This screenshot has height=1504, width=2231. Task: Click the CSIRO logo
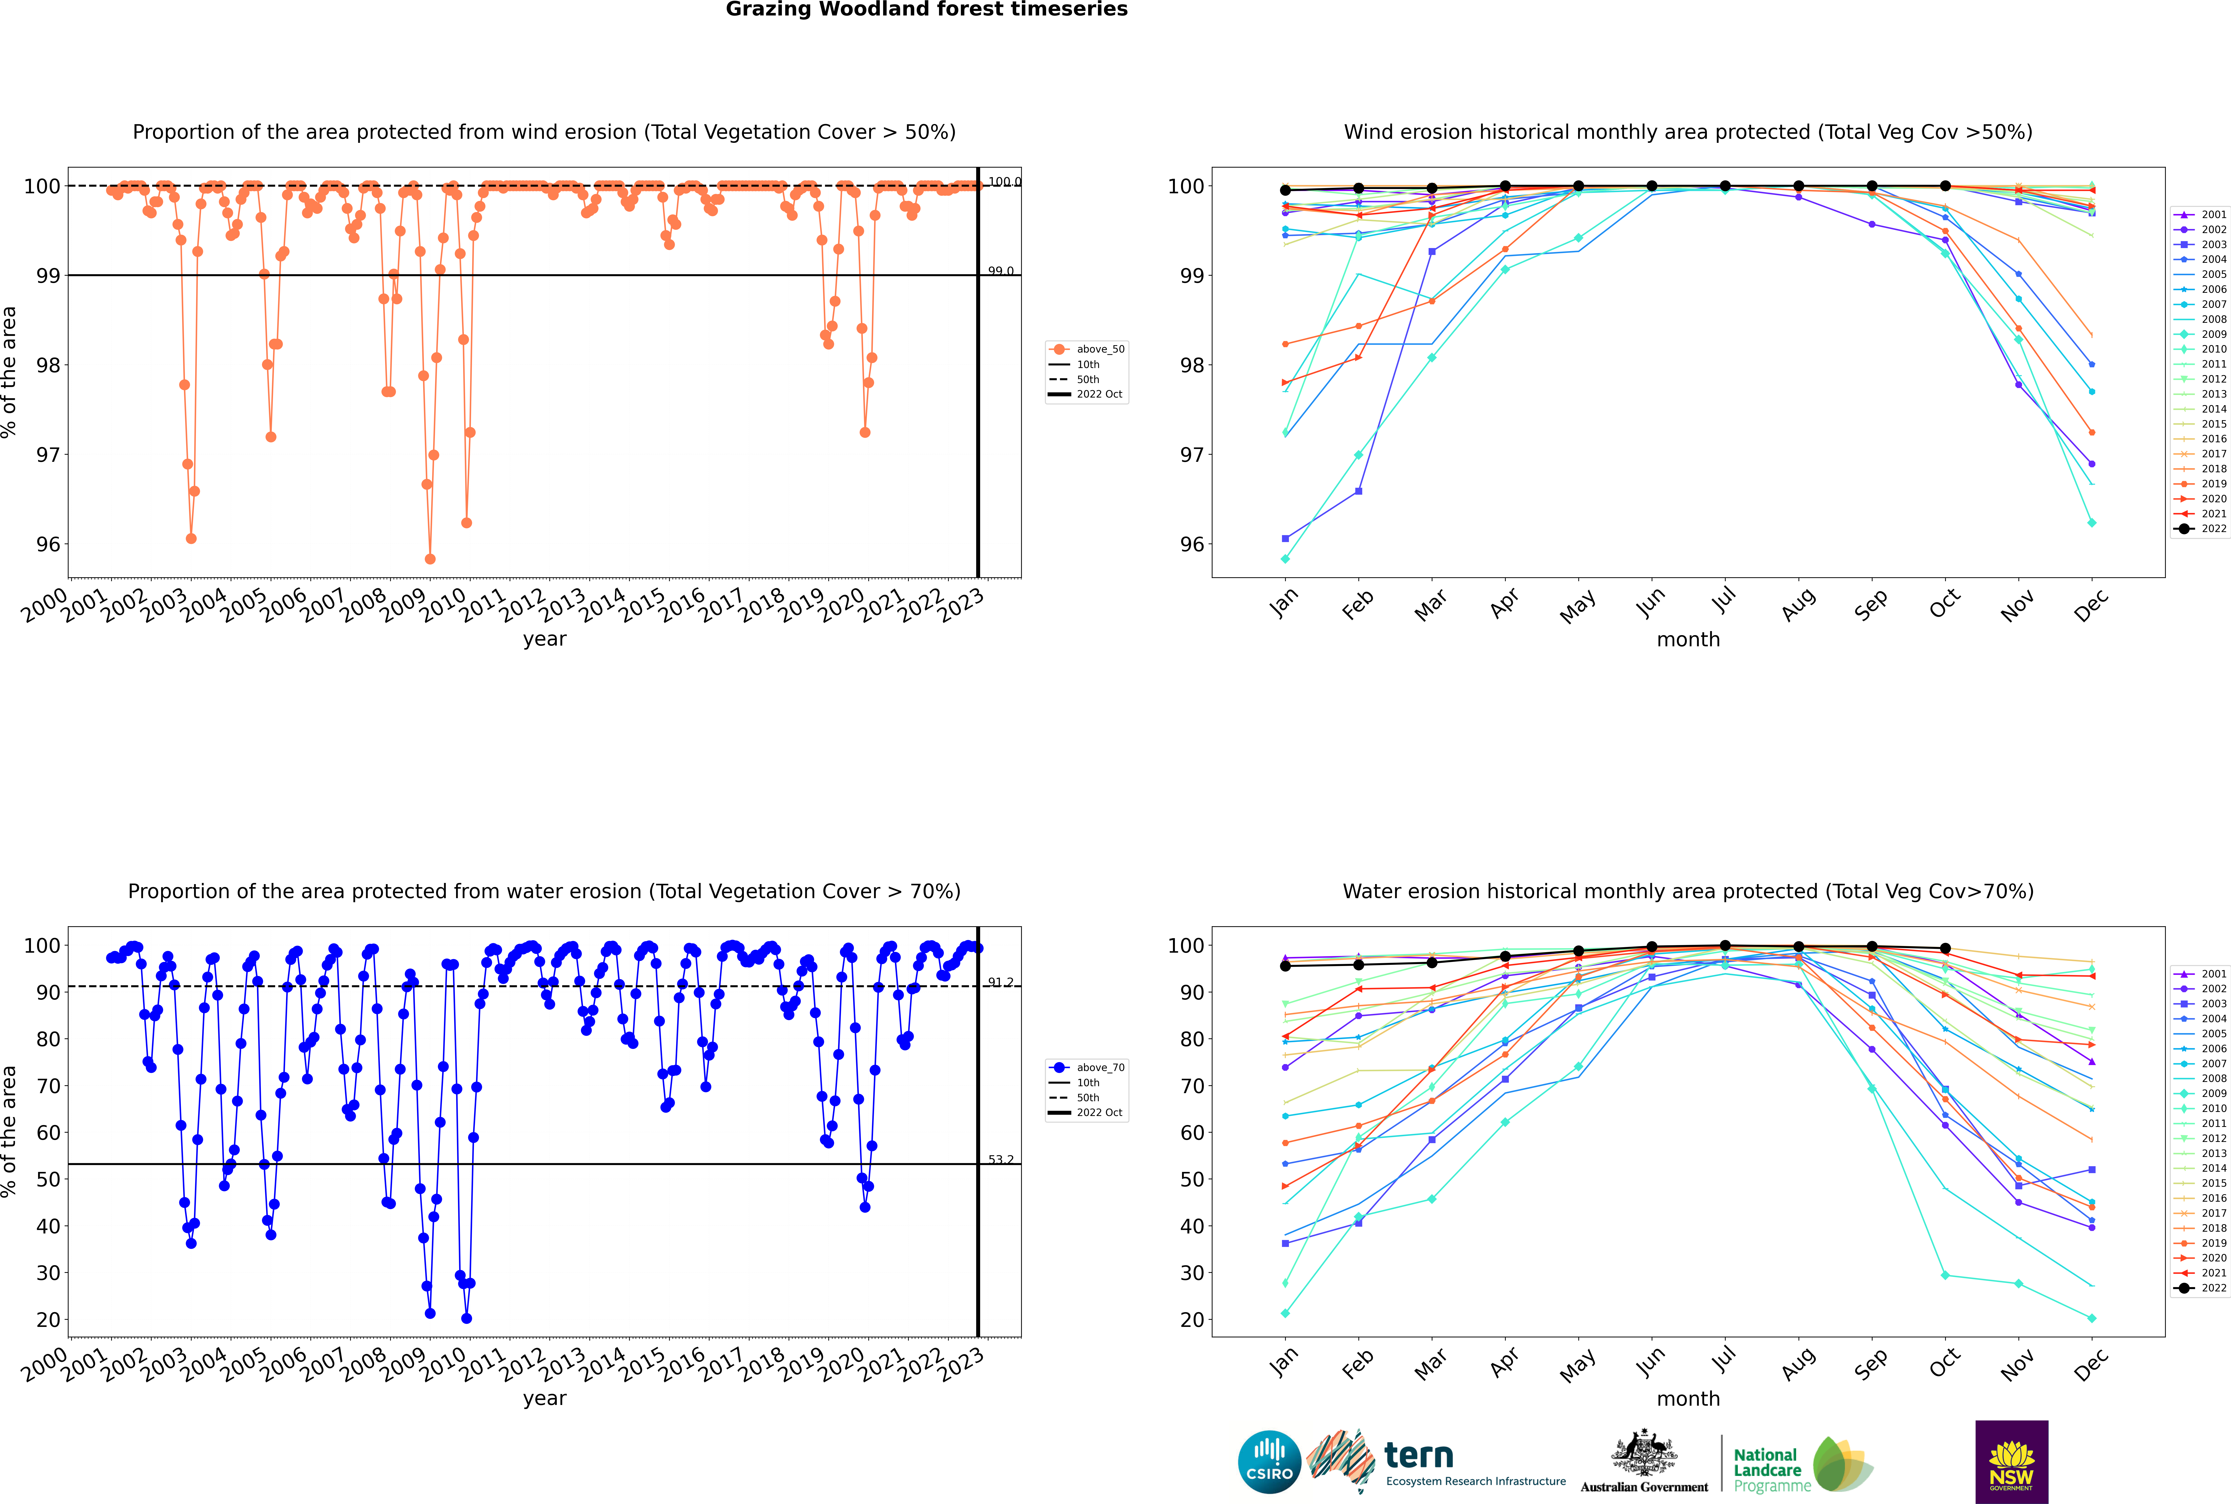pos(1269,1462)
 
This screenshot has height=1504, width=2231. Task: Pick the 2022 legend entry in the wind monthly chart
pos(2201,528)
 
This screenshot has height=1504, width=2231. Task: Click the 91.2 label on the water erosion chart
pos(1000,982)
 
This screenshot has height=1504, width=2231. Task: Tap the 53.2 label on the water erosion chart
pos(1000,1160)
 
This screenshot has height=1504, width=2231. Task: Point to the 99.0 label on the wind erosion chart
pos(1000,271)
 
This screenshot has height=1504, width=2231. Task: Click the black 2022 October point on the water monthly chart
pos(1945,949)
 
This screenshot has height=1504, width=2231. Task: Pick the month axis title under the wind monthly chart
pos(1688,640)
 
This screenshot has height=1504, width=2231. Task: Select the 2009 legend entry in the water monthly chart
pos(2201,1093)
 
